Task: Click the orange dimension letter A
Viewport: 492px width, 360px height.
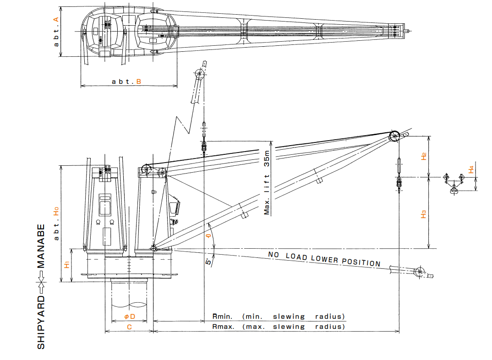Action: (x=56, y=19)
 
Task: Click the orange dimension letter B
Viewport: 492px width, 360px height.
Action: (x=138, y=82)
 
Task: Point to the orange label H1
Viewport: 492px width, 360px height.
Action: (x=67, y=264)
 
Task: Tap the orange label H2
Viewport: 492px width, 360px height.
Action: (x=424, y=156)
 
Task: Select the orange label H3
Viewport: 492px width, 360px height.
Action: (x=424, y=213)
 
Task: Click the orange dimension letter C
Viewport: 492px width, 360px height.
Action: (x=129, y=327)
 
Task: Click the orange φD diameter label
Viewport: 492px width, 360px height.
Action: (x=130, y=316)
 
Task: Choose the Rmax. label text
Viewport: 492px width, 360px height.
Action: (x=224, y=327)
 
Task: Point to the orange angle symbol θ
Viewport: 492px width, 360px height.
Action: (x=209, y=236)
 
